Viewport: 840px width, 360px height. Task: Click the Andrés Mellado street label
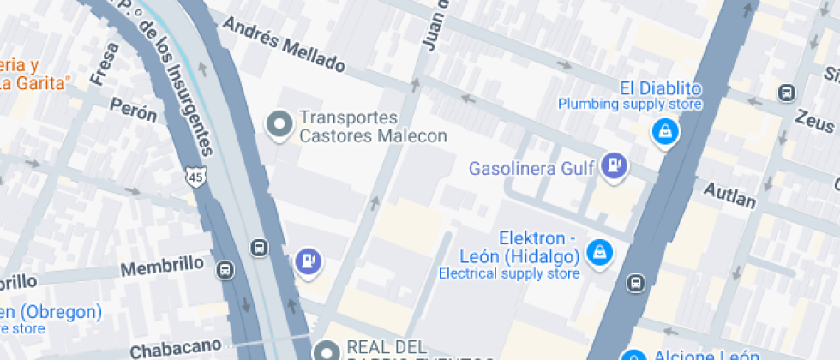tap(284, 45)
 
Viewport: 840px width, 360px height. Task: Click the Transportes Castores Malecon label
tap(373, 127)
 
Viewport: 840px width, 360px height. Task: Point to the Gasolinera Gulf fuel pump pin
tap(614, 166)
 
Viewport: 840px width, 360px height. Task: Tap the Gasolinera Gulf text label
tap(531, 168)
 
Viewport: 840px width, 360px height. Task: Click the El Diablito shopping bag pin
tap(664, 132)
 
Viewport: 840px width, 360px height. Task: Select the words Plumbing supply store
tap(630, 105)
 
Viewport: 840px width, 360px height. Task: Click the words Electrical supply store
tap(509, 274)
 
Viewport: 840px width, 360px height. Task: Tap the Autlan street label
tap(729, 195)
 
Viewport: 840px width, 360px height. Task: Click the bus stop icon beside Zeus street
tap(786, 93)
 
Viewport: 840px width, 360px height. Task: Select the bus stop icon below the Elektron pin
tap(635, 282)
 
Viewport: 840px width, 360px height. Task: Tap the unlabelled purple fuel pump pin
tap(308, 261)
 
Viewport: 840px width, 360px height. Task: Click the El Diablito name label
tap(661, 88)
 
